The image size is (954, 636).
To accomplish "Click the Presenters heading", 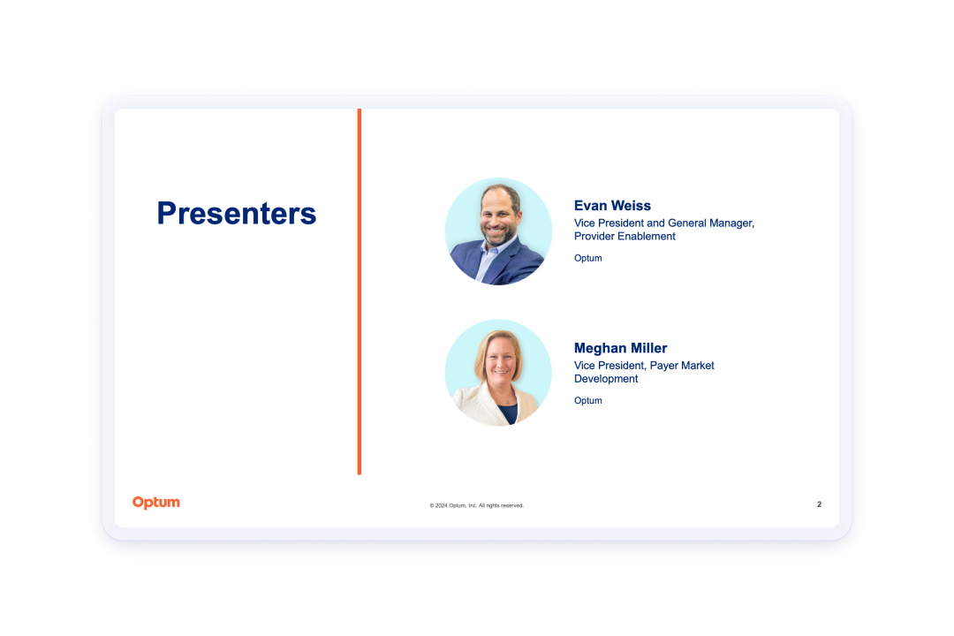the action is [237, 213].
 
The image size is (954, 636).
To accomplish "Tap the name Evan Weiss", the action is [612, 206].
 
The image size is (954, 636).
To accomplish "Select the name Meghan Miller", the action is [621, 348].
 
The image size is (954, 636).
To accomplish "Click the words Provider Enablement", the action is [625, 236].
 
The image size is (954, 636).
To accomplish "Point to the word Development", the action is [606, 379].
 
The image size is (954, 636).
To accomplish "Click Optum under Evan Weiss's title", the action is [587, 258].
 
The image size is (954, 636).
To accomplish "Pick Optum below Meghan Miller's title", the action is [587, 400].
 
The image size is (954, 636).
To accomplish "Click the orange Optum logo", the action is [156, 503].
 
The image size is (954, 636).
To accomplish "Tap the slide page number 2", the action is [819, 504].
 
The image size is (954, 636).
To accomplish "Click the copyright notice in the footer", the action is [476, 505].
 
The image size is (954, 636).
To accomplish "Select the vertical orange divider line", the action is [360, 291].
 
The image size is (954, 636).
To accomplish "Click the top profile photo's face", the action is [499, 216].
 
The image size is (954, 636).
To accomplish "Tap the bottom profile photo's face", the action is [500, 360].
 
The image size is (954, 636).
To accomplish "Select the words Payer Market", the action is [682, 366].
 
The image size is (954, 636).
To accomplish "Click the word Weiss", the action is [632, 206].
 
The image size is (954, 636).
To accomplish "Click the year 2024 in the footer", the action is [441, 505].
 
